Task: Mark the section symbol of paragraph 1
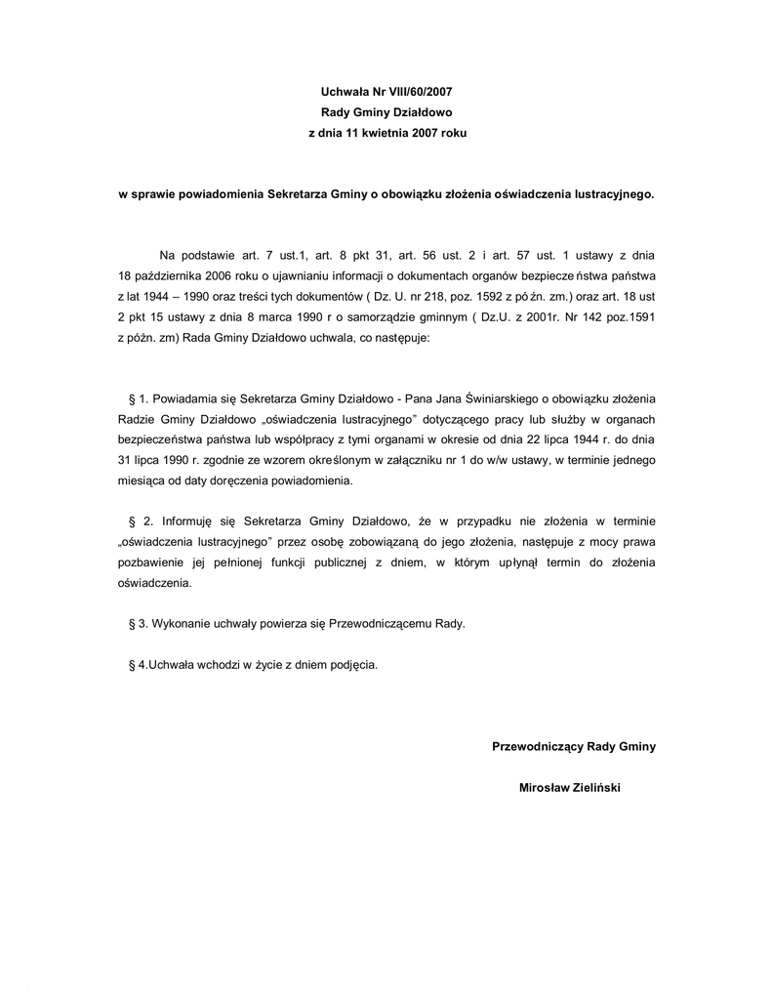pyautogui.click(x=132, y=398)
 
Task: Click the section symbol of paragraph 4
pyautogui.click(x=132, y=665)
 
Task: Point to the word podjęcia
pyautogui.click(x=351, y=665)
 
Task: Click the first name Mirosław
pyautogui.click(x=544, y=788)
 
